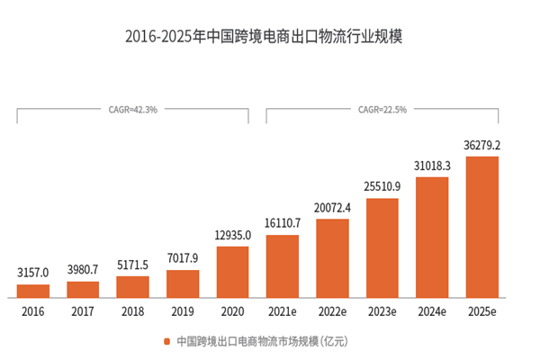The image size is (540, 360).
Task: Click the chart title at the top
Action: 269,38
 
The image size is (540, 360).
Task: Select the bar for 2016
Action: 33,291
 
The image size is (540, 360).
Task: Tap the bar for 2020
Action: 232,272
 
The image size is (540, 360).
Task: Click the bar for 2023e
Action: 382,247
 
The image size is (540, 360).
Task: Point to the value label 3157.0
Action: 33,272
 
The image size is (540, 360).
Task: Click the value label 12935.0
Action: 232,234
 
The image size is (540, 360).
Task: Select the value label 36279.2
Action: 481,144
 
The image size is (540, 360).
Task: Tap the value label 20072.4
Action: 332,207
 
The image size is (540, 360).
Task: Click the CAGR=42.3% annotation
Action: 132,110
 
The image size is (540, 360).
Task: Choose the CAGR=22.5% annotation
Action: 382,110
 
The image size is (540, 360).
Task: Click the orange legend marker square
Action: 166,342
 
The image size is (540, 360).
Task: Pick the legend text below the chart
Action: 261,342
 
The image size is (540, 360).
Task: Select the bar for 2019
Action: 183,283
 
